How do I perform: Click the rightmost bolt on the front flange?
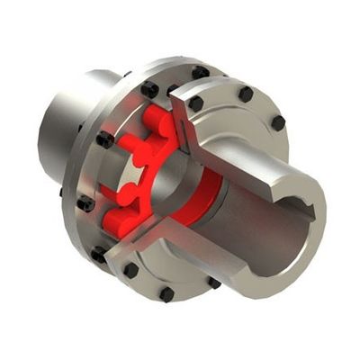[278, 122]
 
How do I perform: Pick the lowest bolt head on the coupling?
[166, 294]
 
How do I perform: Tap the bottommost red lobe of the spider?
[117, 220]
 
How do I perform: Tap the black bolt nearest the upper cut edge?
[195, 103]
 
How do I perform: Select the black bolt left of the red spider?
[104, 139]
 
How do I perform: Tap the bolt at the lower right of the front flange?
[214, 283]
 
